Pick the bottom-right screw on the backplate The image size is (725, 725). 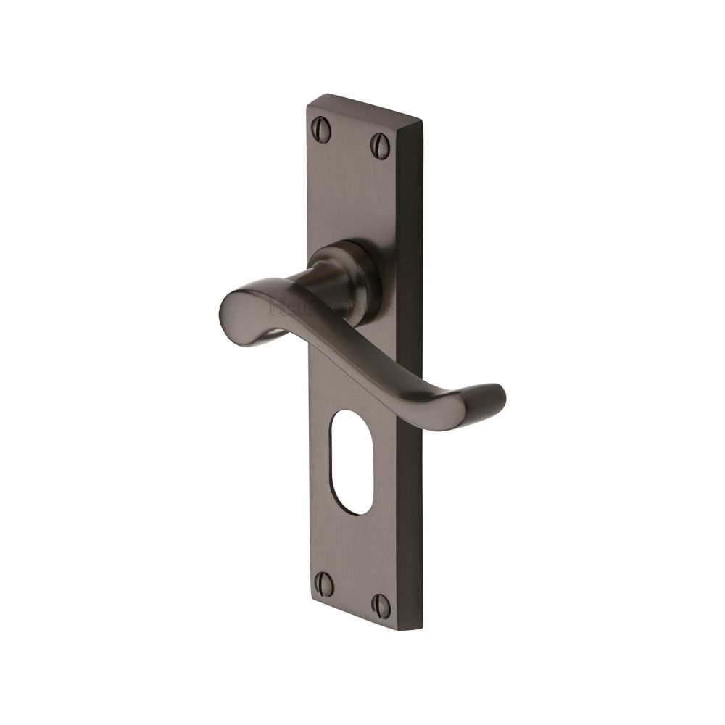point(381,603)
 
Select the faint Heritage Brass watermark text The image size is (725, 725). point(330,307)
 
